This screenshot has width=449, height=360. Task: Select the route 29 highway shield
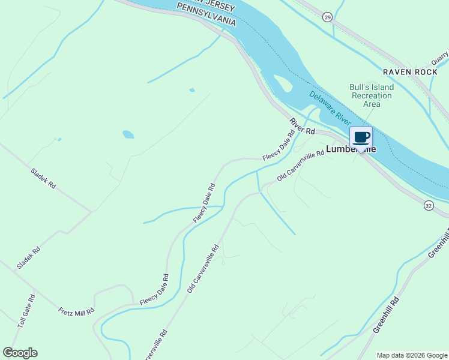tap(327, 16)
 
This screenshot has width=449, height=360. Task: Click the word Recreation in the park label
tap(372, 95)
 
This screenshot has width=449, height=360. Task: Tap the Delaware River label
tap(330, 109)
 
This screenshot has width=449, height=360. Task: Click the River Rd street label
tap(302, 126)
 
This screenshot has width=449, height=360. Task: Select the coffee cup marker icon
tap(361, 137)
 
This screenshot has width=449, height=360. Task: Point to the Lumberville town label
tap(351, 149)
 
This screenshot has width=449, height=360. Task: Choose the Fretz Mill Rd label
tap(76, 311)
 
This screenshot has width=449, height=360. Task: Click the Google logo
tap(20, 353)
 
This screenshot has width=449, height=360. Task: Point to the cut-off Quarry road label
tap(440, 58)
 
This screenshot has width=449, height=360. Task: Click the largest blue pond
tap(128, 134)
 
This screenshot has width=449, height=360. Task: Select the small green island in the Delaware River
tap(282, 83)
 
